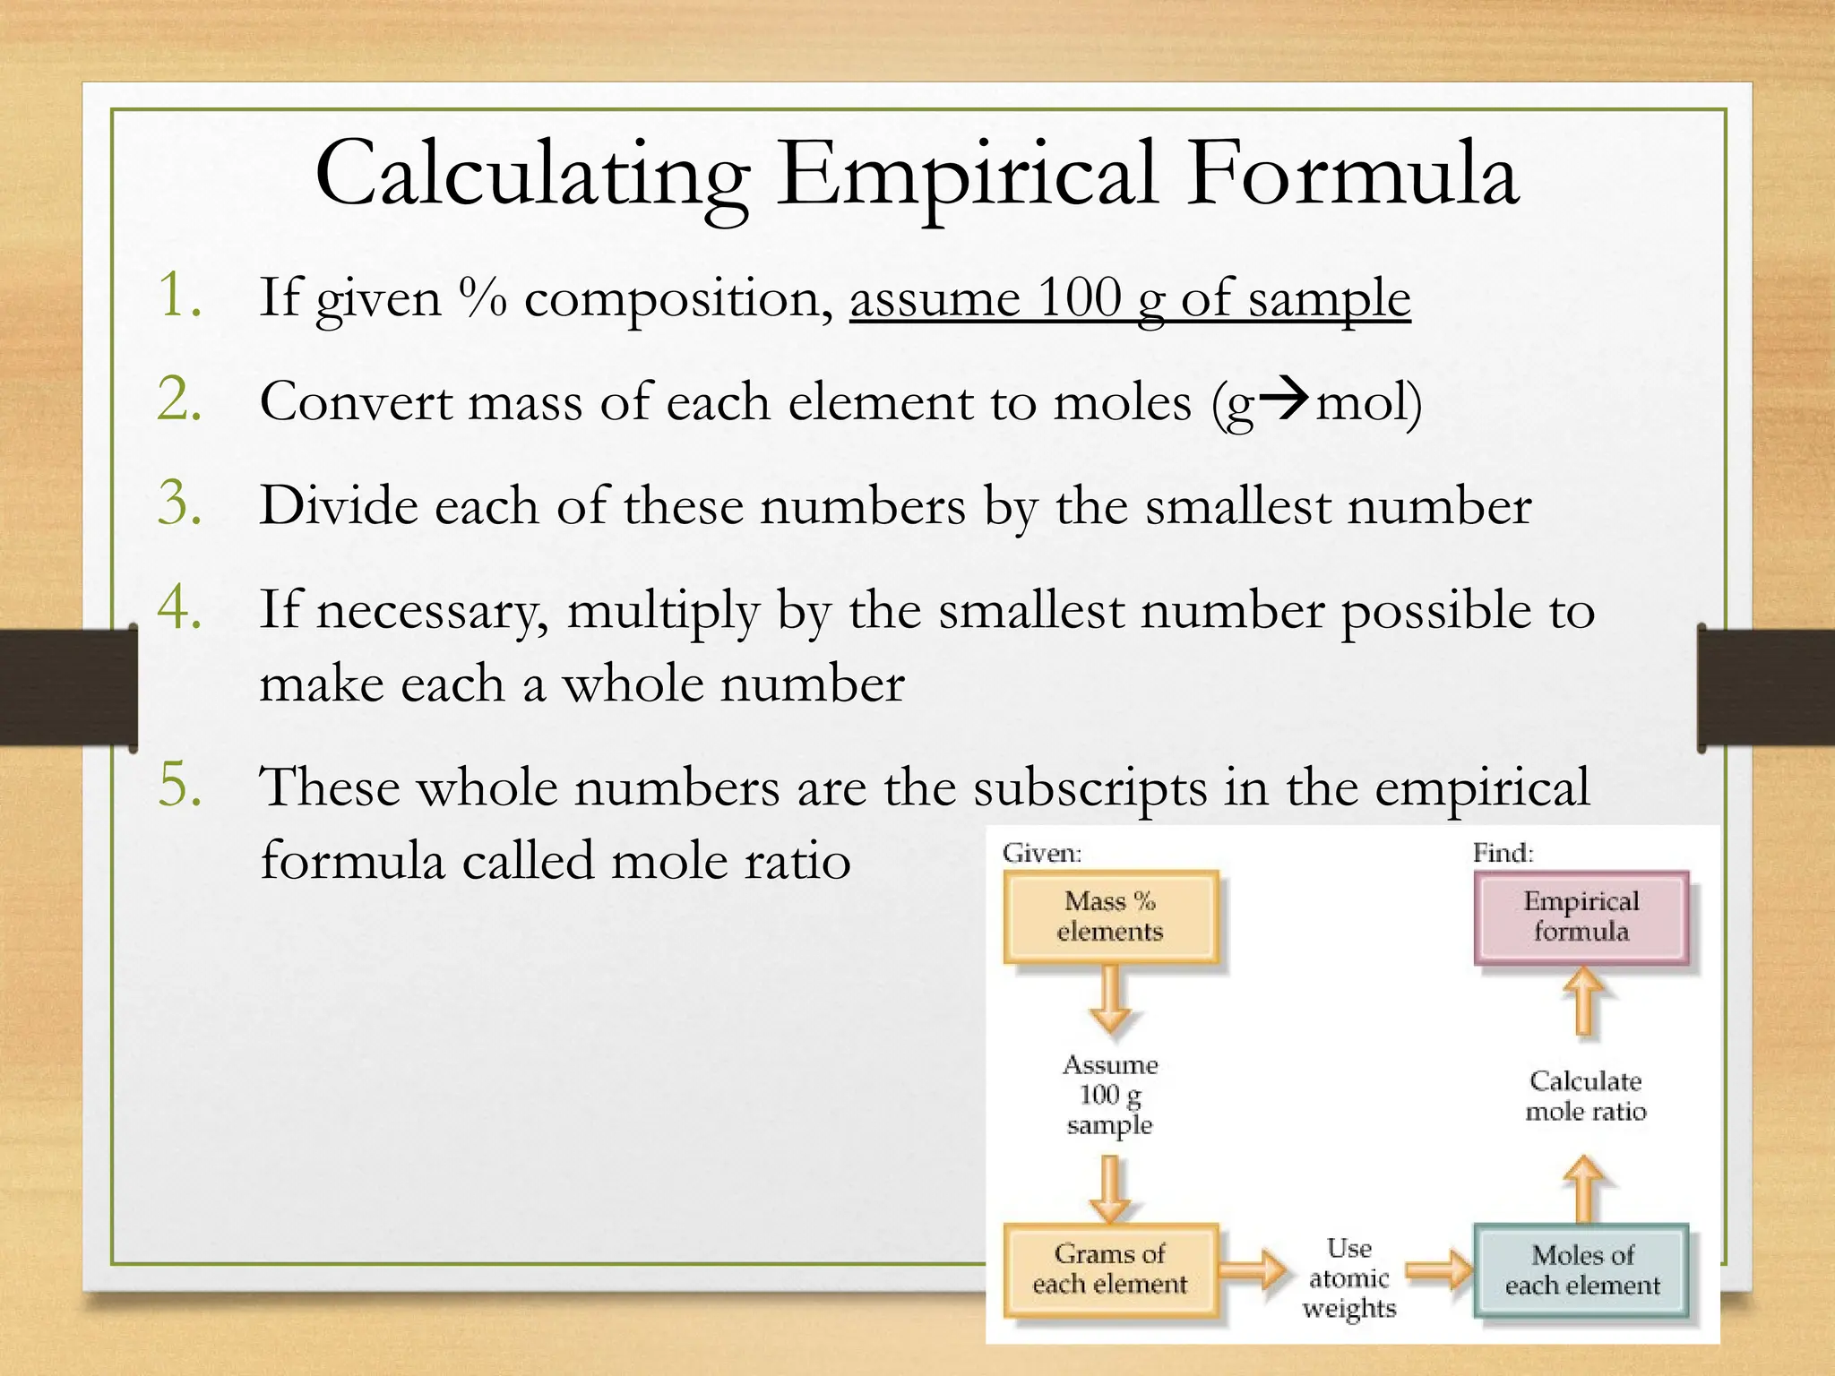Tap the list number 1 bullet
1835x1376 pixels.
point(178,296)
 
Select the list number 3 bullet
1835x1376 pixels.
point(178,503)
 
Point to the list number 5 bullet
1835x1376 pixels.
point(178,786)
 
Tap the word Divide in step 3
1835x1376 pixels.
point(339,505)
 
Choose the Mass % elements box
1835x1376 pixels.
point(1110,916)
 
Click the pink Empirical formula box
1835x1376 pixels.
point(1581,916)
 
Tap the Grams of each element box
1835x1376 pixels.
point(1110,1268)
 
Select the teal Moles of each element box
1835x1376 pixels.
point(1581,1270)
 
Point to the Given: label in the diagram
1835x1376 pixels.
point(1042,853)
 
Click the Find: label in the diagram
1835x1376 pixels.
point(1503,853)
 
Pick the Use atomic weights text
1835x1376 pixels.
point(1349,1278)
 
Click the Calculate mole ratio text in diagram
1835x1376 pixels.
point(1585,1096)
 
